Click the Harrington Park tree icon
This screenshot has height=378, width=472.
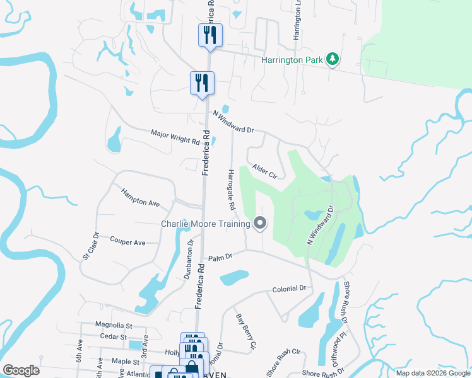click(x=333, y=60)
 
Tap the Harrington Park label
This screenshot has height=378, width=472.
click(x=293, y=60)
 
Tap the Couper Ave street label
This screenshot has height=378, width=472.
click(x=127, y=241)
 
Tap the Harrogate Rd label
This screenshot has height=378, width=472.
click(x=231, y=189)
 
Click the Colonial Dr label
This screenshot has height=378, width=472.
click(x=289, y=289)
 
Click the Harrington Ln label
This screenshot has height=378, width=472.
click(x=295, y=22)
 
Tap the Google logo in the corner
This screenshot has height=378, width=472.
click(x=21, y=370)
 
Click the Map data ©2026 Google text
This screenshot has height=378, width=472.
click(x=432, y=373)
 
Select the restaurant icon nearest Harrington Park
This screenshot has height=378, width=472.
click(x=210, y=36)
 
